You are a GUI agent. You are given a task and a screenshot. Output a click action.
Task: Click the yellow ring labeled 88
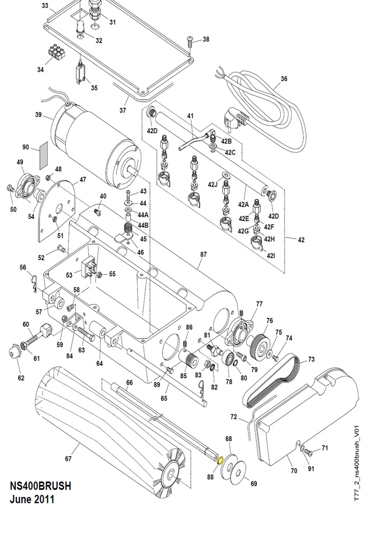(219, 460)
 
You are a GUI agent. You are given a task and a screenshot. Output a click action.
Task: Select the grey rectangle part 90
(44, 156)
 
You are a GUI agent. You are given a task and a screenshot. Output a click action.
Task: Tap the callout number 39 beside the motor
(39, 114)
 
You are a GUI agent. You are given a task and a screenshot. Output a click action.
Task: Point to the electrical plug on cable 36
(235, 119)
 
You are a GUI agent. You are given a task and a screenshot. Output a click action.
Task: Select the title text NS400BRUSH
(40, 486)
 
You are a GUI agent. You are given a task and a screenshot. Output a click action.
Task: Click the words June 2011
(32, 499)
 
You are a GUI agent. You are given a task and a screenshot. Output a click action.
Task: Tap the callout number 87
(203, 254)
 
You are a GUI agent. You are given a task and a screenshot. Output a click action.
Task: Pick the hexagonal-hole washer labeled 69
(238, 473)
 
